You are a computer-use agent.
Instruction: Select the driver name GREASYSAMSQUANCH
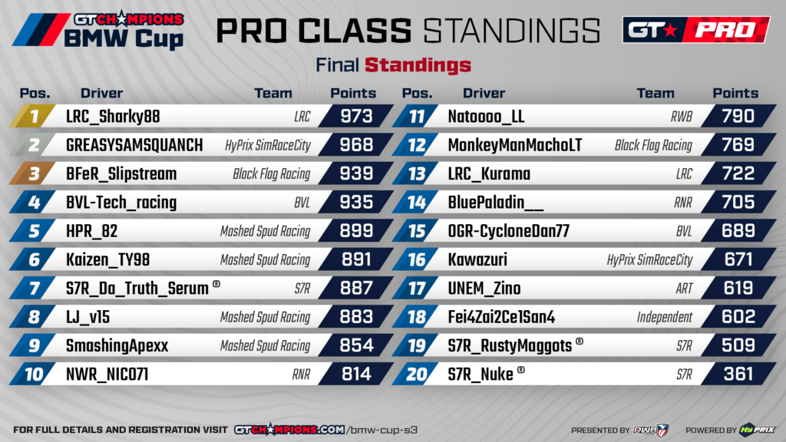coord(134,145)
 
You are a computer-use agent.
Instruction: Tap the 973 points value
coord(355,117)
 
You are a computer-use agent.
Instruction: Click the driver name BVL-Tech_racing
coord(121,203)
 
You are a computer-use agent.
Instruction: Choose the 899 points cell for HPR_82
coord(355,231)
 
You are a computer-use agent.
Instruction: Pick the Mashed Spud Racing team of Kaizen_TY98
coord(265,260)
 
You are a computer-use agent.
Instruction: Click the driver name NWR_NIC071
coord(107,374)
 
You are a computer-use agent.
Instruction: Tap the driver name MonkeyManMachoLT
coord(514,145)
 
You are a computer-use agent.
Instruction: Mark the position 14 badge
coord(416,203)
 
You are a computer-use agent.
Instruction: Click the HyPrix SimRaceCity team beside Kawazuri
coord(649,260)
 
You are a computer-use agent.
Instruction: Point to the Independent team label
coord(665,317)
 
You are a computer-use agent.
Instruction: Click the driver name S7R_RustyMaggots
coord(510,346)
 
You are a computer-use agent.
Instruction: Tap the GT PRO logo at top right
coord(695,30)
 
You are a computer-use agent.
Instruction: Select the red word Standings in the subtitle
coord(418,64)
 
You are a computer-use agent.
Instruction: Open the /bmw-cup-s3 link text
coord(381,430)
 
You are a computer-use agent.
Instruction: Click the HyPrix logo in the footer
coord(755,430)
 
